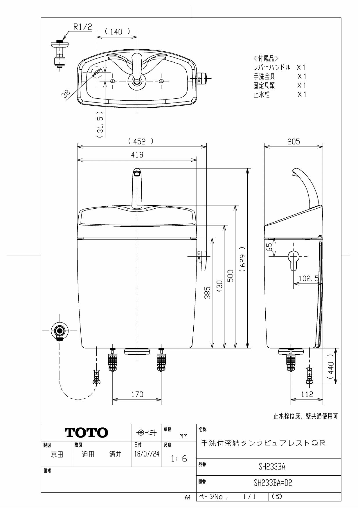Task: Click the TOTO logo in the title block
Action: pyautogui.click(x=87, y=432)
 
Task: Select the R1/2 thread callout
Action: pyautogui.click(x=82, y=27)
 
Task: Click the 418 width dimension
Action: pyautogui.click(x=137, y=155)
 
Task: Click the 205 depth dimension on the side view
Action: pyautogui.click(x=294, y=142)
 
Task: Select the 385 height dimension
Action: pyautogui.click(x=207, y=293)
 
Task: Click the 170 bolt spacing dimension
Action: pyautogui.click(x=137, y=394)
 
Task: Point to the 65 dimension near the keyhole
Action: pyautogui.click(x=269, y=247)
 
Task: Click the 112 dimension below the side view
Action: pyautogui.click(x=307, y=394)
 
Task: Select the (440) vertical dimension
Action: pyautogui.click(x=330, y=366)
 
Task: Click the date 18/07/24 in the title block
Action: pyautogui.click(x=147, y=454)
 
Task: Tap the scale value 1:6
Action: pyautogui.click(x=179, y=459)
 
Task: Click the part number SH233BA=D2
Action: pyautogui.click(x=272, y=483)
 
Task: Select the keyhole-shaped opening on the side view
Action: pyautogui.click(x=293, y=259)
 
